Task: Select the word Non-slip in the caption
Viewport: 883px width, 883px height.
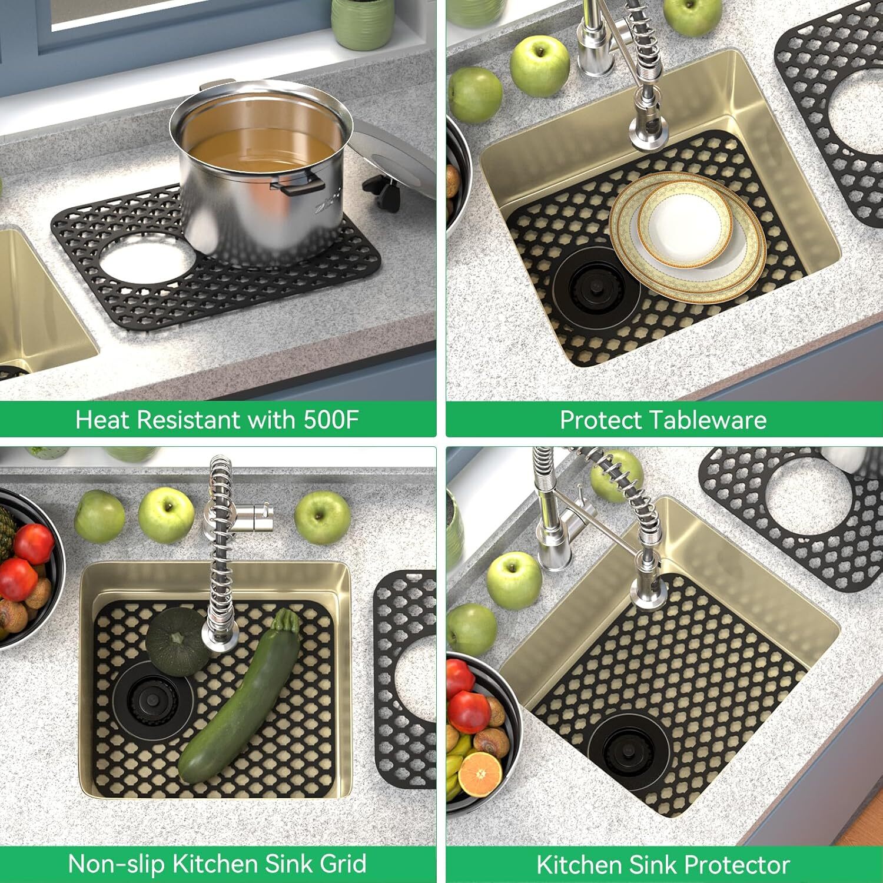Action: [x=117, y=864]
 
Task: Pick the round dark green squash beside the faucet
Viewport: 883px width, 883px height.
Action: [x=175, y=642]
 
